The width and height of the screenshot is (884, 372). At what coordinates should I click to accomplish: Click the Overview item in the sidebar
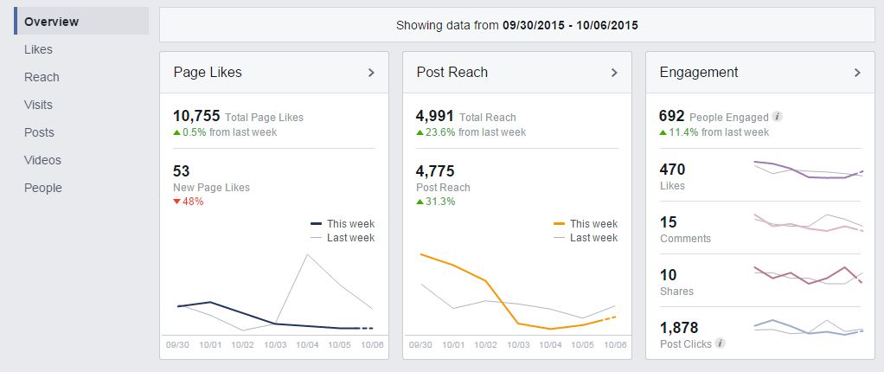51,22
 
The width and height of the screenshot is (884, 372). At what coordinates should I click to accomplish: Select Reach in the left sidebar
42,77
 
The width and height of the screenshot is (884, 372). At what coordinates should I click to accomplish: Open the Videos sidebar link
42,160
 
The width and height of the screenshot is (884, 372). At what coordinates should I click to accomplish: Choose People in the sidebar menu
43,188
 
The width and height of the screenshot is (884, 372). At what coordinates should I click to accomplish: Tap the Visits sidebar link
38,105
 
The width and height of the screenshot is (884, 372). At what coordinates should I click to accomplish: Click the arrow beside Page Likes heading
371,73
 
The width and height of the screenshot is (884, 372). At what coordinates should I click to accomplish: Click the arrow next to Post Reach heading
614,73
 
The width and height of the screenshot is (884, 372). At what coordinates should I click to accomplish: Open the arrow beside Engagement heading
857,73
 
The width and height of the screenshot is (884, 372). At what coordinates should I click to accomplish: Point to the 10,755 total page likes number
197,116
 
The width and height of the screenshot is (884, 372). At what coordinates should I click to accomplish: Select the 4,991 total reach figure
434,116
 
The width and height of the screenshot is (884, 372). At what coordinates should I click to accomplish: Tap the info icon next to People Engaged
777,117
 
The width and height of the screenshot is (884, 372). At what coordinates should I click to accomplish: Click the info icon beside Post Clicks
721,343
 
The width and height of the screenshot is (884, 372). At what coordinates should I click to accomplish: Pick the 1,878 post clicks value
678,328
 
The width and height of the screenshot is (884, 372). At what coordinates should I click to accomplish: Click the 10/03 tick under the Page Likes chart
275,344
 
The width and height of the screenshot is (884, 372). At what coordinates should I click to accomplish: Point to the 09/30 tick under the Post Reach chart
420,344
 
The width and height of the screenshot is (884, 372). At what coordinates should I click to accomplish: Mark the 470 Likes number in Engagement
672,170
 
